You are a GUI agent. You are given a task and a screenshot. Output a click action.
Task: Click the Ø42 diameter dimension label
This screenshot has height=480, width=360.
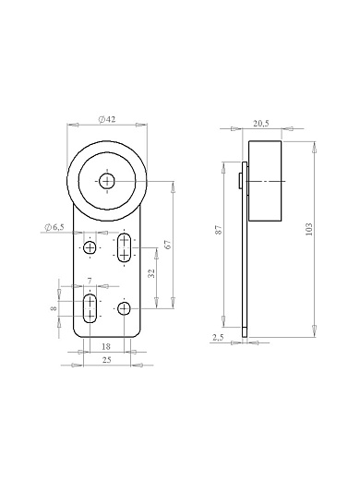coord(107,119)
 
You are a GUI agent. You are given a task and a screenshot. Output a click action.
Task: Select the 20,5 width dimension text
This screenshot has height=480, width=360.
coord(261,124)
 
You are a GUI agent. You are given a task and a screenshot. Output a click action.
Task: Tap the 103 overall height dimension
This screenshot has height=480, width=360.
coord(309,229)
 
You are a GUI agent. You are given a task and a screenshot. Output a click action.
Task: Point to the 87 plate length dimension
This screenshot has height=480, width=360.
coord(219,230)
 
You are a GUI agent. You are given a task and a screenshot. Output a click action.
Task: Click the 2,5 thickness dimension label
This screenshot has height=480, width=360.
coord(218,338)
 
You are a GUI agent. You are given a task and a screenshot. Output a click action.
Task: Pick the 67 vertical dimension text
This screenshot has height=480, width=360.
coord(168,245)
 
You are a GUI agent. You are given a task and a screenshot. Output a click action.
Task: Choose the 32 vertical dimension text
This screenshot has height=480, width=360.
coord(151,273)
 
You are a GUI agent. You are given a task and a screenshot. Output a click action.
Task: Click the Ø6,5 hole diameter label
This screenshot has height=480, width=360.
coord(54,227)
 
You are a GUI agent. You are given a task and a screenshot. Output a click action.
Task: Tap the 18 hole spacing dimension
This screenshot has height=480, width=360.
coord(106,346)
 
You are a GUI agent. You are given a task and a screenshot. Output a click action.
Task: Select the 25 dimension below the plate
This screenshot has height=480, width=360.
coord(106,360)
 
